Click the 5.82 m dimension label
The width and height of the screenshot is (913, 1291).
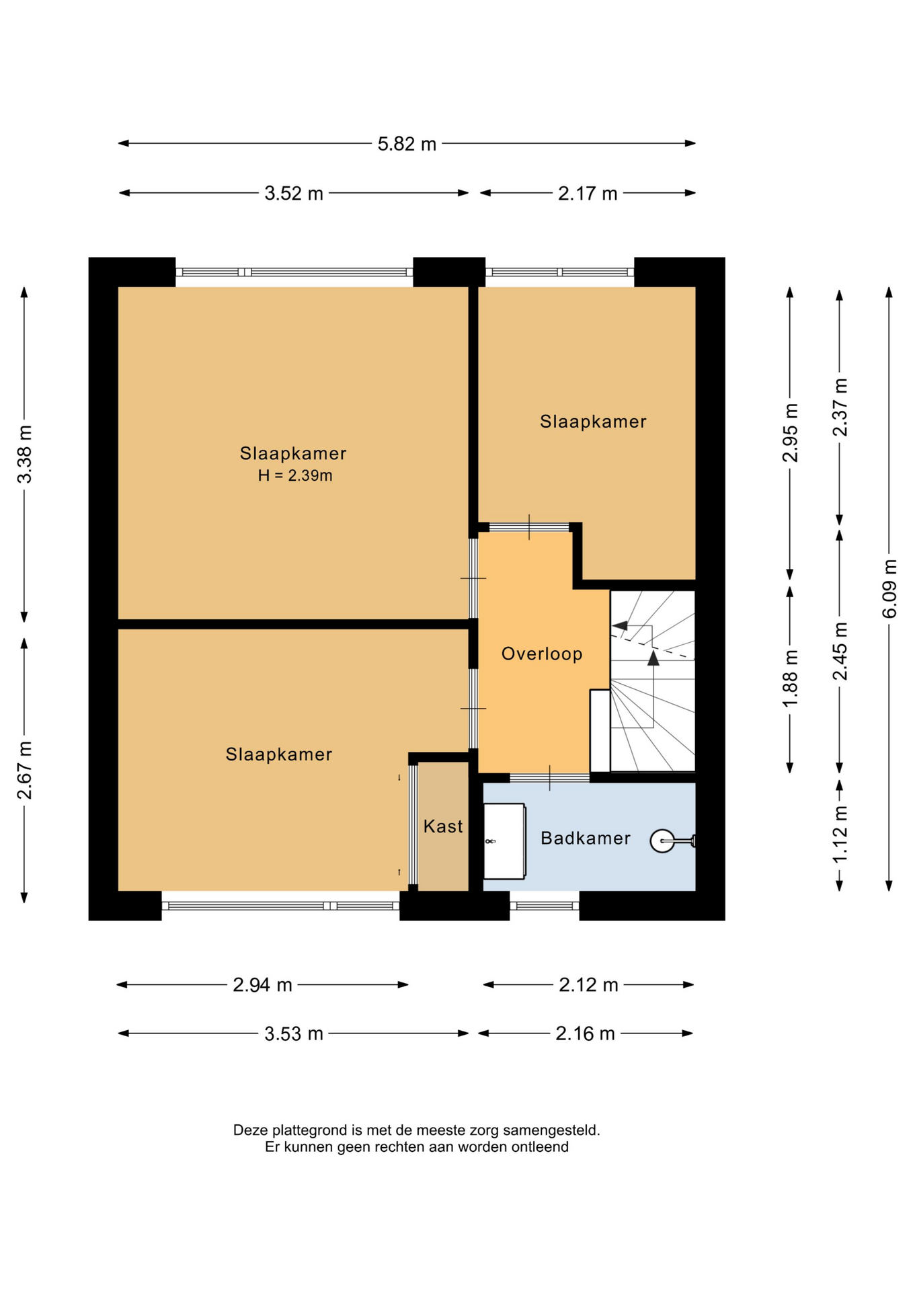[x=407, y=144]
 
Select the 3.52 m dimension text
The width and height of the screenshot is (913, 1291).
[x=294, y=194]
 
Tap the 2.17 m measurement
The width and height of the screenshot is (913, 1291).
[x=588, y=194]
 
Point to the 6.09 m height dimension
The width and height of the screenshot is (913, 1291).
[x=889, y=588]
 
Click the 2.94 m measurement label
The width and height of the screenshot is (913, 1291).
[x=262, y=985]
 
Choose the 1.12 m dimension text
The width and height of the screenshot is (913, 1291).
[x=840, y=834]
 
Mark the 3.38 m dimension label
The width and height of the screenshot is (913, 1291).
[x=25, y=454]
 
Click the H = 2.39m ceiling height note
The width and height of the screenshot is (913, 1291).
[x=295, y=475]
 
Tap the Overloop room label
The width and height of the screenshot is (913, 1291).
[x=542, y=654]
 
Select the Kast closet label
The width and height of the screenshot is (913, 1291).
[x=443, y=826]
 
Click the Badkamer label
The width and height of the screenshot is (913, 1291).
[x=586, y=838]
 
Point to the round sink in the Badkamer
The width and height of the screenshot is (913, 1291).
[x=662, y=840]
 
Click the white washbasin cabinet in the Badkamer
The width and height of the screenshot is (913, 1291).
[x=504, y=840]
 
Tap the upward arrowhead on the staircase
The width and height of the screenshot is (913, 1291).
[x=653, y=658]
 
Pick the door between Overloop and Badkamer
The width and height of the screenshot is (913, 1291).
[x=549, y=778]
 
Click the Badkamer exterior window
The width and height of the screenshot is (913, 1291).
[x=545, y=906]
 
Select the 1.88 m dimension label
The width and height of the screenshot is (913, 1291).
[x=791, y=678]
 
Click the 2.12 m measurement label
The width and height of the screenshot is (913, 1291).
[x=588, y=985]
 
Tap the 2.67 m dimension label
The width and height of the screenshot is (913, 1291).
[x=25, y=771]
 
